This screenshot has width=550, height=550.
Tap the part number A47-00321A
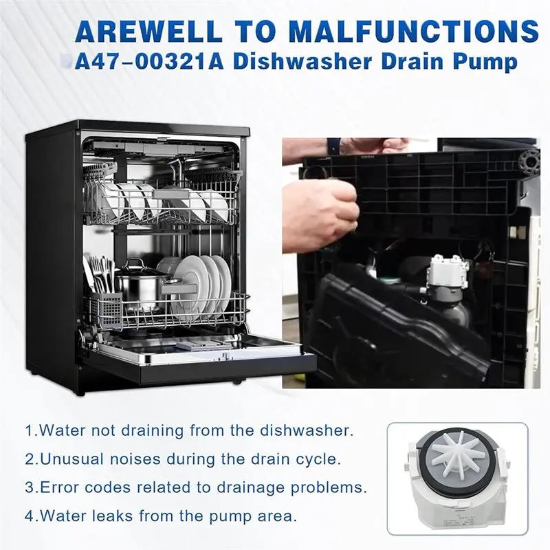point(149,62)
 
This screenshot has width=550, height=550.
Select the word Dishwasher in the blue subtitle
point(302,62)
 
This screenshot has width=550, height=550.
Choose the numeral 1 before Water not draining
point(29,430)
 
